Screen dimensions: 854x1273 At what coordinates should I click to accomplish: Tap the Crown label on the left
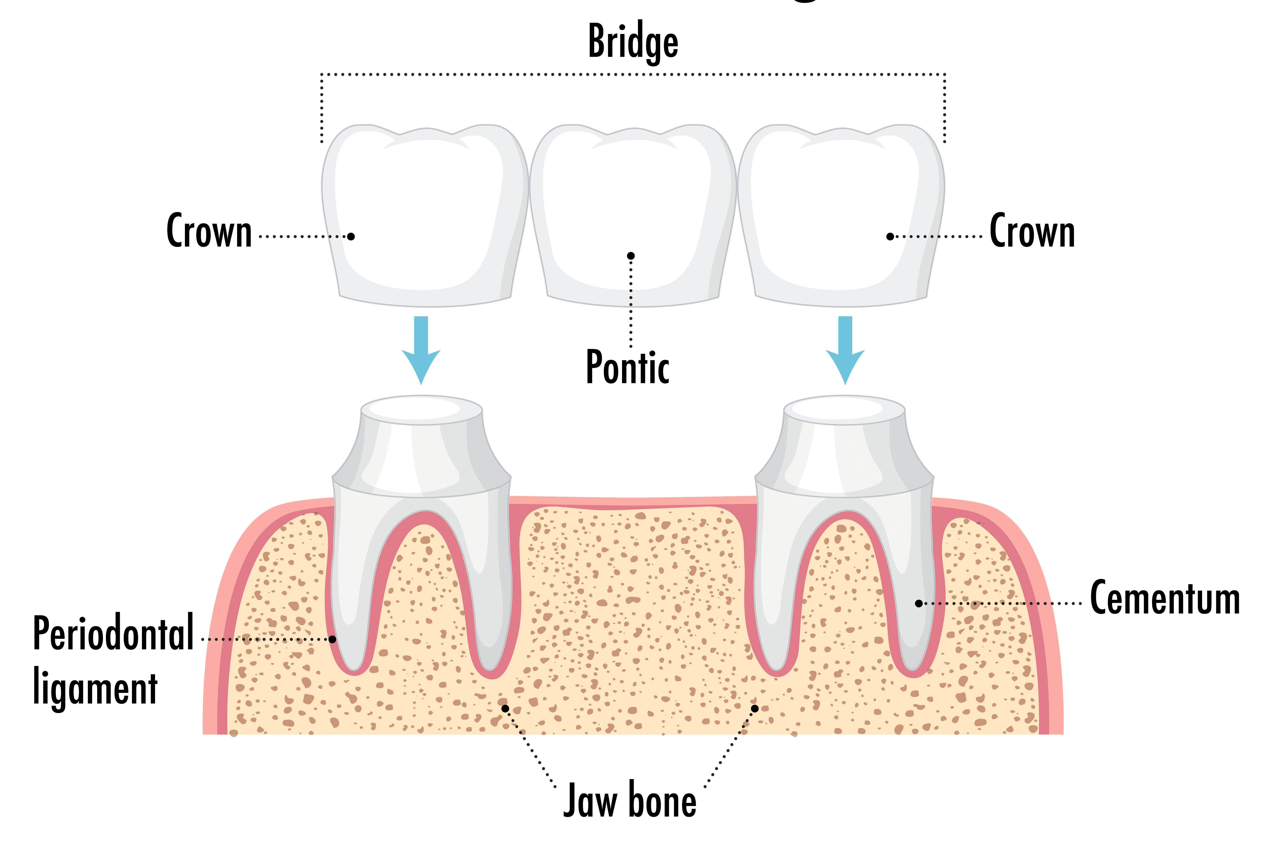pos(209,231)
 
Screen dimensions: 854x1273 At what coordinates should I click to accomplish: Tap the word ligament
pos(95,687)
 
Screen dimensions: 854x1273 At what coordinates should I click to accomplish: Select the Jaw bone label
pos(630,801)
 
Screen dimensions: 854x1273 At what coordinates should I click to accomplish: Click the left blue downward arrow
pos(421,349)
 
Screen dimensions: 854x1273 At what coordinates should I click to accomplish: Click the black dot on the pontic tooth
pos(631,255)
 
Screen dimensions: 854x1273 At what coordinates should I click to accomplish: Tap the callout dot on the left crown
pos(351,236)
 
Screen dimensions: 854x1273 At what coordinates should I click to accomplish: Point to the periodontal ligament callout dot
pos(332,639)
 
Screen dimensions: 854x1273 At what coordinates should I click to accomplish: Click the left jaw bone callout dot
pos(505,708)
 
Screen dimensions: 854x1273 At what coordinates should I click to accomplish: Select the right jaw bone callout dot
pos(755,708)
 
